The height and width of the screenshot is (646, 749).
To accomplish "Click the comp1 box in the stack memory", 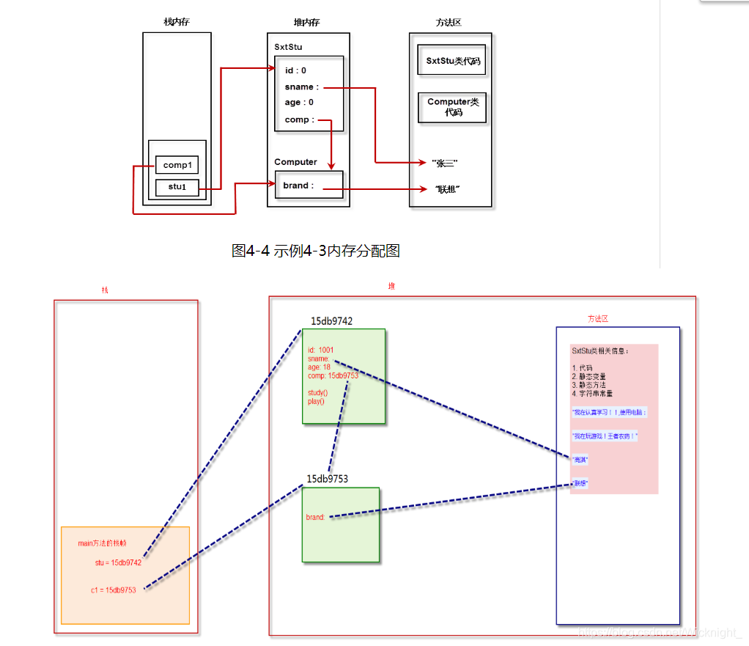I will pyautogui.click(x=177, y=165).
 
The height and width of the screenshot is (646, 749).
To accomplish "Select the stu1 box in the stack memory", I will pyautogui.click(x=177, y=186).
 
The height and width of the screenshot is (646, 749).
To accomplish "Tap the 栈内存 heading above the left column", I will pyautogui.click(x=177, y=22).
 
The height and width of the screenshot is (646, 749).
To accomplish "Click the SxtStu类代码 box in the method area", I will pyautogui.click(x=452, y=61).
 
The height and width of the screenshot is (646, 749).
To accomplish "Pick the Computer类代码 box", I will pyautogui.click(x=452, y=107).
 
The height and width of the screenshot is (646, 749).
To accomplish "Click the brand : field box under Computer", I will pyautogui.click(x=308, y=186).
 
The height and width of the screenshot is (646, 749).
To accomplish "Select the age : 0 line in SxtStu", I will pyautogui.click(x=299, y=103).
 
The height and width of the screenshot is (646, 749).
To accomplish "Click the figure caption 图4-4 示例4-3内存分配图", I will pyautogui.click(x=315, y=251).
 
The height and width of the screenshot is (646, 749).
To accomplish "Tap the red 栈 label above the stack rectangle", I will pyautogui.click(x=105, y=290).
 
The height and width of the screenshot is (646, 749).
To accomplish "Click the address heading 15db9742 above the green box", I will pyautogui.click(x=331, y=321).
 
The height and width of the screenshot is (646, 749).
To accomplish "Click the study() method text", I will pyautogui.click(x=317, y=393).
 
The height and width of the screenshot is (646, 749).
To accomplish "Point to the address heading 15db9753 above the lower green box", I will pyautogui.click(x=327, y=479).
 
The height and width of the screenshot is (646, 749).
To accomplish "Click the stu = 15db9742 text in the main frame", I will pyautogui.click(x=118, y=562).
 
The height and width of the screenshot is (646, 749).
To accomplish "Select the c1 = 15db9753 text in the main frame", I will pyautogui.click(x=114, y=590).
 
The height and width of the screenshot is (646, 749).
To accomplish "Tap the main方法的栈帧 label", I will pyautogui.click(x=102, y=543).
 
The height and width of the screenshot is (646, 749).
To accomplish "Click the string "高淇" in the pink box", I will pyautogui.click(x=580, y=460).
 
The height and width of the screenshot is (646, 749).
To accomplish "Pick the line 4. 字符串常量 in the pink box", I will pyautogui.click(x=592, y=394).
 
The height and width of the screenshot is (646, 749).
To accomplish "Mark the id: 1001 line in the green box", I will pyautogui.click(x=320, y=350).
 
